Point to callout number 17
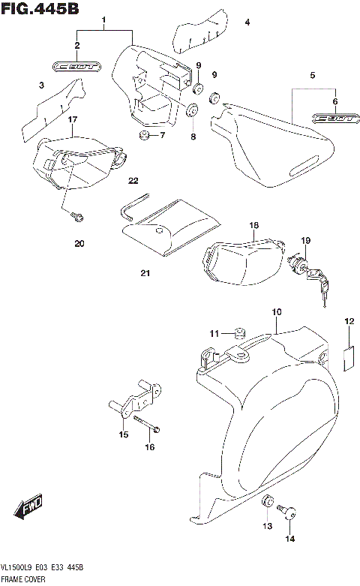[73, 119]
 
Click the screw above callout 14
[288, 513]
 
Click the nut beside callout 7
[142, 135]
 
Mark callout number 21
[144, 273]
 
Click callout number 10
[277, 311]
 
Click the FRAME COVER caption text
[23, 579]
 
